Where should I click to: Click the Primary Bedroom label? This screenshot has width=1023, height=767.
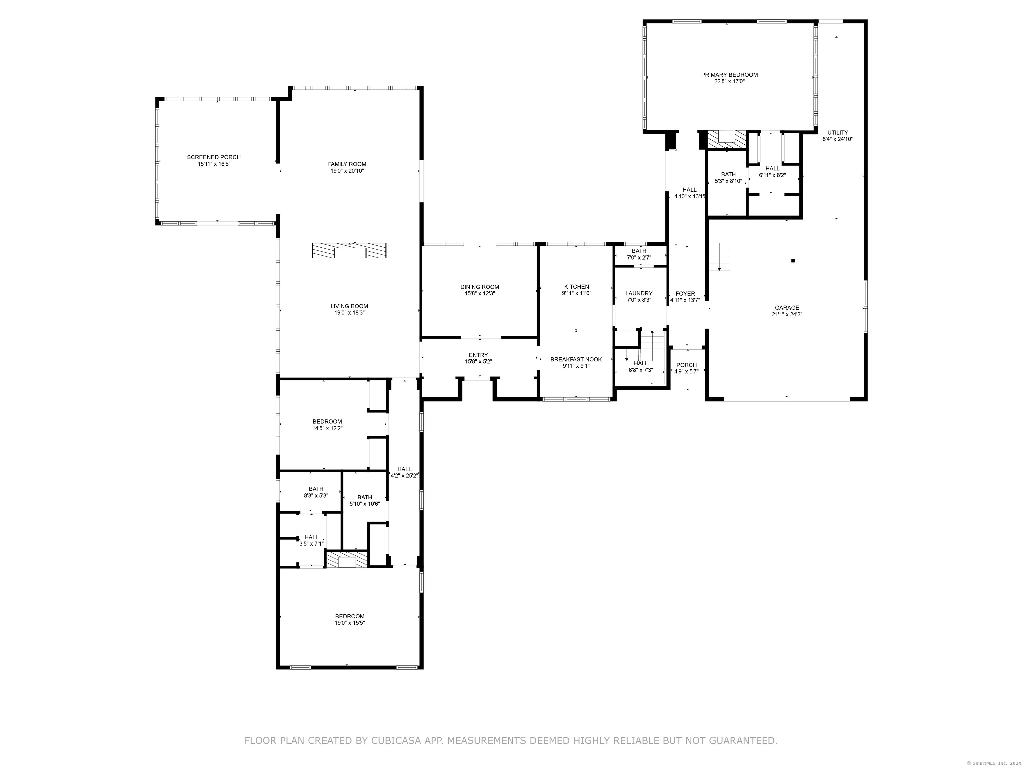click(x=729, y=75)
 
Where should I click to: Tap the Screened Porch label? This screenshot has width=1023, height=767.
click(x=214, y=157)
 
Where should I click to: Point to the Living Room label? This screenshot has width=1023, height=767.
click(x=349, y=306)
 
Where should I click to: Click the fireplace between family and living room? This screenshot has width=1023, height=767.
click(x=349, y=251)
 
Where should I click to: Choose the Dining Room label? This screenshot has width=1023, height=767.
click(x=480, y=287)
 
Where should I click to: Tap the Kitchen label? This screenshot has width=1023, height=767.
click(x=577, y=287)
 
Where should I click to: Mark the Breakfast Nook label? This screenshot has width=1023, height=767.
click(x=576, y=359)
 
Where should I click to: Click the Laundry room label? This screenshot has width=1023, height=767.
click(x=639, y=293)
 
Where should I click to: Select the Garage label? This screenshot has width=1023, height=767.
click(x=787, y=308)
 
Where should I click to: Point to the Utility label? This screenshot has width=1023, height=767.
click(x=838, y=133)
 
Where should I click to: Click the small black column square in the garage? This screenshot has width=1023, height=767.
click(x=793, y=261)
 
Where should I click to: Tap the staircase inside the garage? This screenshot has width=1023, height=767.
click(x=720, y=257)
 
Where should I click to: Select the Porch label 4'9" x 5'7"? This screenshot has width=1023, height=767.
click(x=686, y=368)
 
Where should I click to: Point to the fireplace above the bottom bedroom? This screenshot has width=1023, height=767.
click(x=347, y=559)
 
